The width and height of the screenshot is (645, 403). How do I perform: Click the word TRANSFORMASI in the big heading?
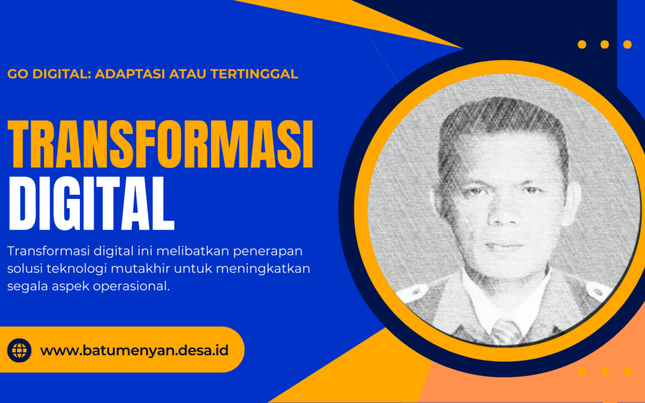(161, 144)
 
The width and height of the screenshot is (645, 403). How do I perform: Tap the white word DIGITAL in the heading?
(91, 204)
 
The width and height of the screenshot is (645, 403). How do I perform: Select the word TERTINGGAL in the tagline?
(254, 74)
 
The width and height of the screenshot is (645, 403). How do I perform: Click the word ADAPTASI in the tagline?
(130, 74)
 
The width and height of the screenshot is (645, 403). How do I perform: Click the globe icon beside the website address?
(19, 350)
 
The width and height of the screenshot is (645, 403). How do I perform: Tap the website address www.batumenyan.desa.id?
(134, 351)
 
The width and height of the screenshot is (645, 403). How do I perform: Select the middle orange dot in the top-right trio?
(604, 44)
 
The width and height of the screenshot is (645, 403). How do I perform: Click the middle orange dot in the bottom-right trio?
(604, 372)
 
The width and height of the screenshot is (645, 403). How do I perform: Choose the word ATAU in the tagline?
(188, 74)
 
